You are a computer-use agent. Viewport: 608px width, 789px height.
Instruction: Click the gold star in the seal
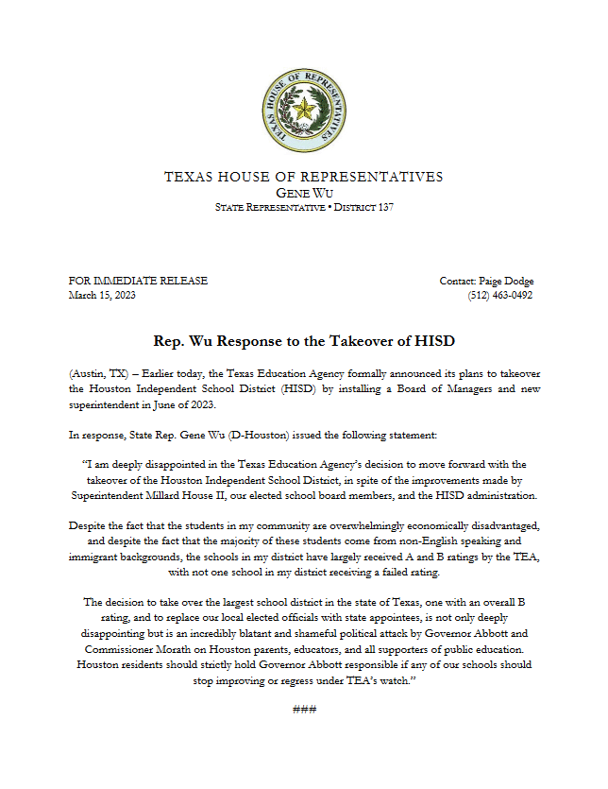[x=303, y=111]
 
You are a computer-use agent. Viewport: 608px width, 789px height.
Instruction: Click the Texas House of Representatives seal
[x=303, y=111]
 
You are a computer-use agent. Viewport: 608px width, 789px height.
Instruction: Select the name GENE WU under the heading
[x=303, y=192]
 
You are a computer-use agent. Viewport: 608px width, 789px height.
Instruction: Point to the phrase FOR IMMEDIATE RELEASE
[x=138, y=281]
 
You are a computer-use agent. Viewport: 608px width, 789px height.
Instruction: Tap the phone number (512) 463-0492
[x=500, y=295]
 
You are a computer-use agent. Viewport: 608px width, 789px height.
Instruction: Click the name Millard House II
[x=233, y=494]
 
